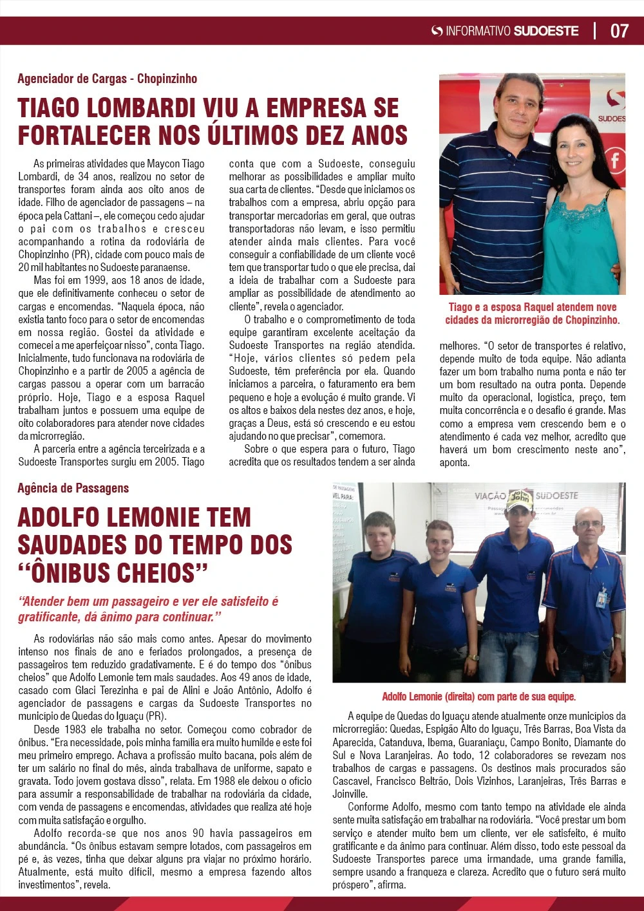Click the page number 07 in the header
click(x=619, y=30)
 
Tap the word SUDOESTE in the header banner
click(x=546, y=30)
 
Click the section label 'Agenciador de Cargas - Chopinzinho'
click(x=107, y=79)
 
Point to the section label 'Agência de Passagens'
click(x=73, y=488)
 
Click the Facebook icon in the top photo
click(x=615, y=160)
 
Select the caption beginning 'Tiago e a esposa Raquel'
click(x=532, y=314)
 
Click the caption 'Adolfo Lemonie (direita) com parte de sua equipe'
click(x=478, y=697)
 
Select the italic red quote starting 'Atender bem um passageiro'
click(x=148, y=609)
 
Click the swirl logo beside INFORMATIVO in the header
click(x=437, y=30)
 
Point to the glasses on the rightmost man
click(x=589, y=525)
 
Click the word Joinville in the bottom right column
click(x=350, y=794)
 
